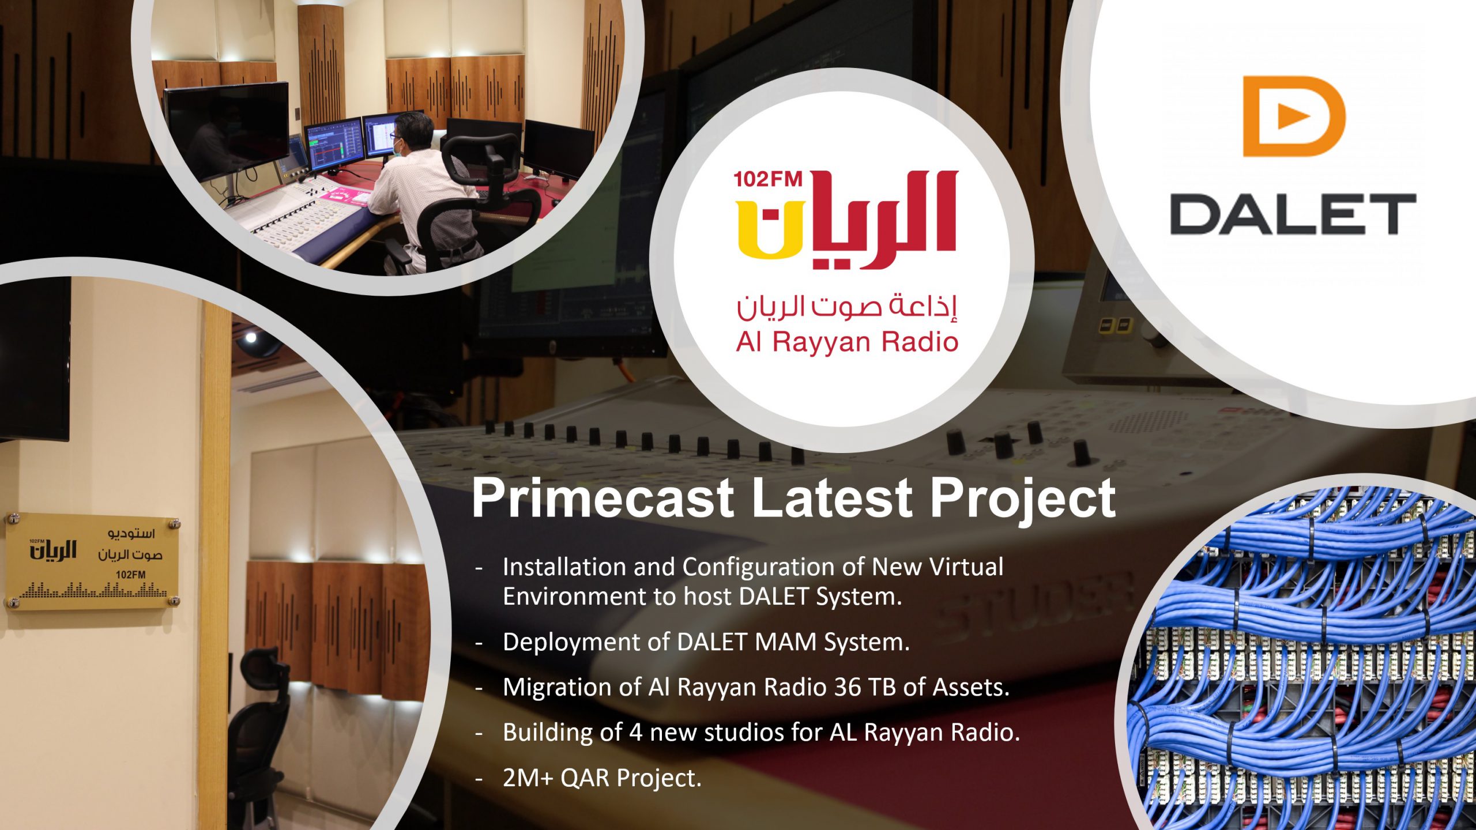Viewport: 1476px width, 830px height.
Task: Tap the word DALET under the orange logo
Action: click(x=1293, y=214)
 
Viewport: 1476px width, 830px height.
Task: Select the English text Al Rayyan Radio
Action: click(x=847, y=342)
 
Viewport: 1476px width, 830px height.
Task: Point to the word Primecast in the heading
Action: click(x=603, y=497)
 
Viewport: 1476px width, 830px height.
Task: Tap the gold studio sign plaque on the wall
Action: click(x=92, y=561)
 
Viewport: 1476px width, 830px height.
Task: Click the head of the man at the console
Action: click(x=414, y=133)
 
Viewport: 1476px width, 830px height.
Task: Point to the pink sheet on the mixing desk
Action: click(x=344, y=195)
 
